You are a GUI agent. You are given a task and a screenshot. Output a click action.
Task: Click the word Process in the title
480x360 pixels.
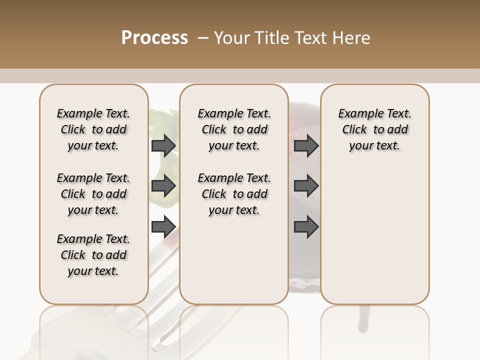click(154, 38)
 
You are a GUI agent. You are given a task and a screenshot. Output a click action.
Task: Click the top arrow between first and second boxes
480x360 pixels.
click(163, 146)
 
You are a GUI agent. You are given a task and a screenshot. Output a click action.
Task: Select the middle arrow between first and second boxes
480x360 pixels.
click(163, 186)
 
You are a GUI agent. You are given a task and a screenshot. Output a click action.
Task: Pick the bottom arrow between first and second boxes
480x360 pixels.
click(163, 226)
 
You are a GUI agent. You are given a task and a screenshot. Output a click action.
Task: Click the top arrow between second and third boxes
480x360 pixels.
click(306, 146)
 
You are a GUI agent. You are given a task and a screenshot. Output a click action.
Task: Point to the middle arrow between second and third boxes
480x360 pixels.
click(306, 186)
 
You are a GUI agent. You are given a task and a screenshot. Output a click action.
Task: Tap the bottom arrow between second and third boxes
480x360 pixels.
click(306, 226)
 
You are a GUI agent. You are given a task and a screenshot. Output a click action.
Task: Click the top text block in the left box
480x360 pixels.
click(93, 129)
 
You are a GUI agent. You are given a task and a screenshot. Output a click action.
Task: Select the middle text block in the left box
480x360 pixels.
click(93, 194)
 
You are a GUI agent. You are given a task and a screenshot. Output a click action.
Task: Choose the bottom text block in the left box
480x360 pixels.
click(93, 255)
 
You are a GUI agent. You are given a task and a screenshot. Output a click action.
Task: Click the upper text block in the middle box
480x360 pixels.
click(234, 129)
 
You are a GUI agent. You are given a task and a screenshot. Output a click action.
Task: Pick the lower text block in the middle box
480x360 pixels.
click(234, 194)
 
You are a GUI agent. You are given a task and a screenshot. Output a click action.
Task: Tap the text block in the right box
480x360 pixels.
click(374, 129)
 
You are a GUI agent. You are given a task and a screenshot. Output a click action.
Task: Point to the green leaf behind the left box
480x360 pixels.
click(161, 120)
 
